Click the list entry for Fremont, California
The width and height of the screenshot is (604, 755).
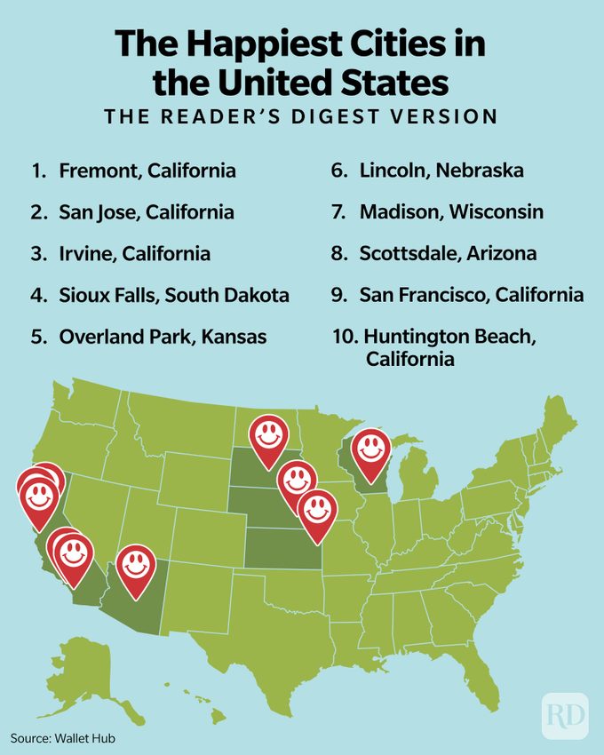pyautogui.click(x=133, y=171)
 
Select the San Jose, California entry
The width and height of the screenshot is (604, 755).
pyautogui.click(x=132, y=212)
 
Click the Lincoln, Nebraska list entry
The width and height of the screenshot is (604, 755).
pyautogui.click(x=427, y=171)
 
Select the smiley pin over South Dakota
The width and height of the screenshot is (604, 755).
pyautogui.click(x=267, y=435)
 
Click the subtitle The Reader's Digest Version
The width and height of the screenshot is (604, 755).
pyautogui.click(x=301, y=116)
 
